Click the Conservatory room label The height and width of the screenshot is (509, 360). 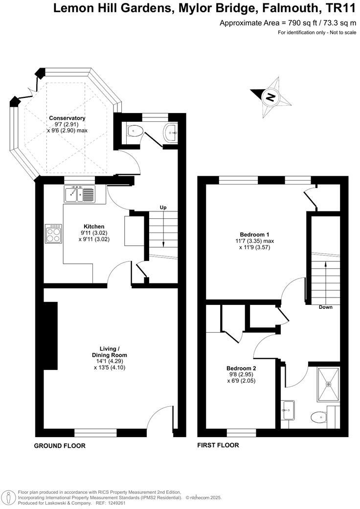[x=67, y=118]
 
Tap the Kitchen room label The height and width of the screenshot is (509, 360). [x=92, y=227]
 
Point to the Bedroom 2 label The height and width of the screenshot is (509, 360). [x=241, y=369]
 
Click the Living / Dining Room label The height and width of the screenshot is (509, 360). [x=110, y=351]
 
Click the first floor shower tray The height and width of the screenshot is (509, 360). [x=328, y=384]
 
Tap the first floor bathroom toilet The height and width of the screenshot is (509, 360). [x=319, y=417]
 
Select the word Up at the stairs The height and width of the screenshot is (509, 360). [x=163, y=208]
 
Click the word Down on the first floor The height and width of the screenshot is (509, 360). [x=326, y=307]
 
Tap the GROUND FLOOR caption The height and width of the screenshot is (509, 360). [x=60, y=446]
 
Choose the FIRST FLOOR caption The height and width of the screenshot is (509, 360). [x=218, y=445]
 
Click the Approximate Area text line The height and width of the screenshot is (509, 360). [x=287, y=23]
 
